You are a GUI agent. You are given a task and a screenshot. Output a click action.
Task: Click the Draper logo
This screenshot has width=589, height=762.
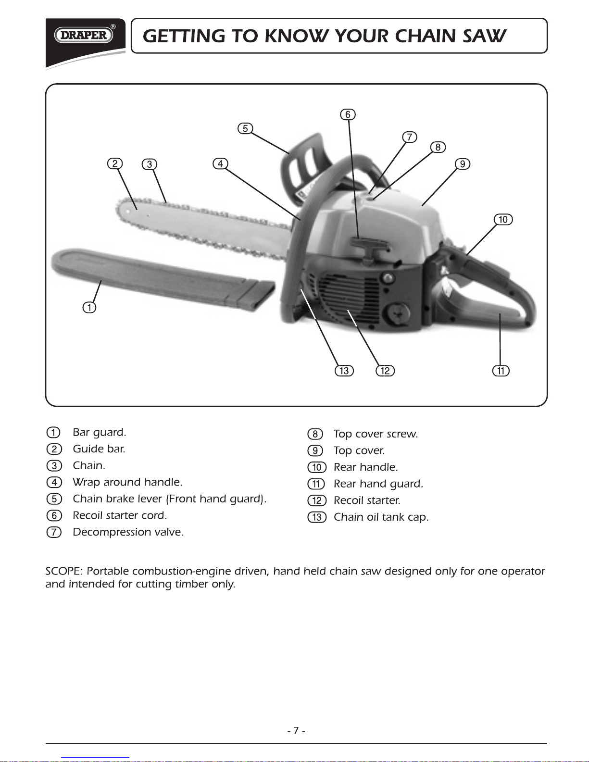[x=84, y=35]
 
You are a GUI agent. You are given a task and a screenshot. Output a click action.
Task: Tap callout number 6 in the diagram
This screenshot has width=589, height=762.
[x=348, y=114]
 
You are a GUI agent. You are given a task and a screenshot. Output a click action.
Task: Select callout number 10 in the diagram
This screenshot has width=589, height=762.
[x=503, y=220]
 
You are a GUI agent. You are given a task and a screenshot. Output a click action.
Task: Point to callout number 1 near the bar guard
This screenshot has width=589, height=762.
[x=89, y=307]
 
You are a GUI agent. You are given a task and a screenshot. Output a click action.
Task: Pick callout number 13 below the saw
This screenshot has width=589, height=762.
[x=344, y=371]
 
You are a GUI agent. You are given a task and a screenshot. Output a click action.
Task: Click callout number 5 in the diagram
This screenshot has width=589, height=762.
[x=245, y=128]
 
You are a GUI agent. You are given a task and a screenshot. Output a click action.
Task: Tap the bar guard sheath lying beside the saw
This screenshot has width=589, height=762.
[x=159, y=279]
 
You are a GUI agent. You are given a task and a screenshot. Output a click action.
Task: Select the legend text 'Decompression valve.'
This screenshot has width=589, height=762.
[x=128, y=532]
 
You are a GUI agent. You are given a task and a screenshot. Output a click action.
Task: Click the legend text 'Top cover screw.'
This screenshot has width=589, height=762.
[x=376, y=434]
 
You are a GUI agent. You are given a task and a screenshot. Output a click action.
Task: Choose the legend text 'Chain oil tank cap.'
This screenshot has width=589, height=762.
[x=381, y=517]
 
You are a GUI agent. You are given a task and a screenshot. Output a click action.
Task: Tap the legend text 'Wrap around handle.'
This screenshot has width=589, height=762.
[x=127, y=482]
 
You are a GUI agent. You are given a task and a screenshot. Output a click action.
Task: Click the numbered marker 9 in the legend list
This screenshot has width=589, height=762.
[x=315, y=451]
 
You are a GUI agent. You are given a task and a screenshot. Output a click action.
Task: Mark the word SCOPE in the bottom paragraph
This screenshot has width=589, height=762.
[x=63, y=572]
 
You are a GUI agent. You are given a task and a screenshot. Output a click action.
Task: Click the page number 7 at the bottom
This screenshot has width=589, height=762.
[x=296, y=730]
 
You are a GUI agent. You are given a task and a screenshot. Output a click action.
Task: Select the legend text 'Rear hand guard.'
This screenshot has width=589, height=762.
[x=378, y=484]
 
